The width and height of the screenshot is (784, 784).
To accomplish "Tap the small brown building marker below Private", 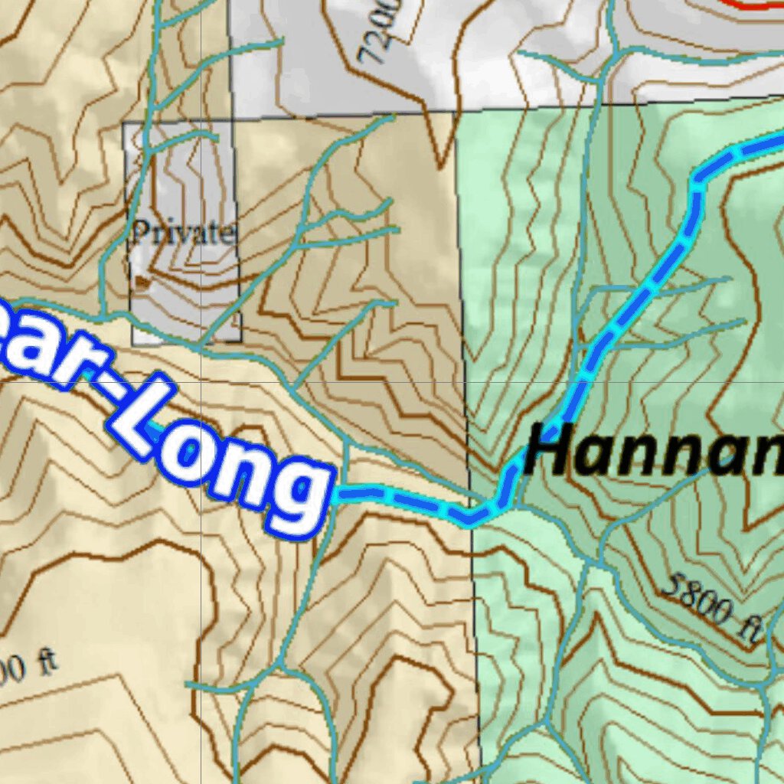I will pos(140,282).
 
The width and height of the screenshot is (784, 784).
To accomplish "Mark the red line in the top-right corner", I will pos(754,6).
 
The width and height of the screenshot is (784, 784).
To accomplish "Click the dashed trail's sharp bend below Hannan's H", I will pos(469,521).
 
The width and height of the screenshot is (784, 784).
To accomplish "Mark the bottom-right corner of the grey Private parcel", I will pos(242,341).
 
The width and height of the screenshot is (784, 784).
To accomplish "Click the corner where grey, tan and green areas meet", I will pos(456,111).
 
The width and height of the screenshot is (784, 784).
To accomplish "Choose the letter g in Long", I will pos(299,498).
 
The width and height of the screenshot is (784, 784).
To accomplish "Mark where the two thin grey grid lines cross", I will pos(201,381).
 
